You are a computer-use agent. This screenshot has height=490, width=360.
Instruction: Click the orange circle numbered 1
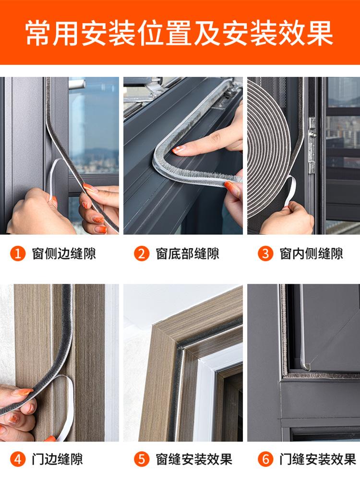click(18, 253)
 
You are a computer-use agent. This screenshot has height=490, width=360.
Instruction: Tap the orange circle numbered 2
click(142, 253)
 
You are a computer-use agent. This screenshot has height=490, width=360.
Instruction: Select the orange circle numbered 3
click(265, 253)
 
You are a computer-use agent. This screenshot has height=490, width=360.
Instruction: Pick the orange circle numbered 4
click(18, 459)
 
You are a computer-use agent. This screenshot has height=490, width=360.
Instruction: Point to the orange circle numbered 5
click(142, 459)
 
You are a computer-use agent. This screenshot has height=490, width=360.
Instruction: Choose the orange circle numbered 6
click(265, 459)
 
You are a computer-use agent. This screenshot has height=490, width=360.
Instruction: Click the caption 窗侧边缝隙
click(64, 253)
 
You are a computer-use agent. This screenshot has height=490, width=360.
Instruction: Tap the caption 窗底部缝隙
click(188, 253)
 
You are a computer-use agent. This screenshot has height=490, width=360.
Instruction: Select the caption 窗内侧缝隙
click(311, 253)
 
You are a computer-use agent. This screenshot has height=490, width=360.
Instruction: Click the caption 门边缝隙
click(57, 459)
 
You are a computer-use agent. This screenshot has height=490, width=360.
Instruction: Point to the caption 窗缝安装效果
click(194, 459)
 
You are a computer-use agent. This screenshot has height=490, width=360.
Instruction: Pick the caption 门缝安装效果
click(318, 459)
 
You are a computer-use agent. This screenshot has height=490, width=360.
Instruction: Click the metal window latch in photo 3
click(312, 145)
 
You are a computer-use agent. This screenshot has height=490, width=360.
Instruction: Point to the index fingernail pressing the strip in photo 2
click(179, 149)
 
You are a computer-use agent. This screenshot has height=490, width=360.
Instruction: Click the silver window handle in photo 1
click(77, 84)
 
